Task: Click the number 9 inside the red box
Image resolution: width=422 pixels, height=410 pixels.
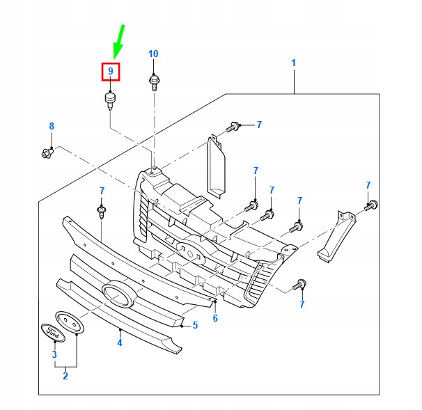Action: (x=110, y=71)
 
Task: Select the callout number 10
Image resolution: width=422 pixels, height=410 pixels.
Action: (x=153, y=54)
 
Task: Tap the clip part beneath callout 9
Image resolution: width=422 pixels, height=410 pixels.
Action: (x=110, y=100)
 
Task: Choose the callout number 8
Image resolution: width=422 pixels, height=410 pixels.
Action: (x=51, y=126)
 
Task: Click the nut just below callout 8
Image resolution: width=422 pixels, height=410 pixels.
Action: (x=47, y=151)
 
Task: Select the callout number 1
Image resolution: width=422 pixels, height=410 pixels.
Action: (x=294, y=63)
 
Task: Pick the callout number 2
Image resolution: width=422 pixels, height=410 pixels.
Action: (x=65, y=377)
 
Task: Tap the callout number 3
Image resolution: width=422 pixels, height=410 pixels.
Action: (x=54, y=355)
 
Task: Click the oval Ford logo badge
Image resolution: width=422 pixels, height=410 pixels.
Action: (x=53, y=333)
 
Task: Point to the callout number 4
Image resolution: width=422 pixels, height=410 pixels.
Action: (x=119, y=342)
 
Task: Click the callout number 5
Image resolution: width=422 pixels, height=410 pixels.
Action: (x=196, y=324)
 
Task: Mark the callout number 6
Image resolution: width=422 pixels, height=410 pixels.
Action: (x=215, y=318)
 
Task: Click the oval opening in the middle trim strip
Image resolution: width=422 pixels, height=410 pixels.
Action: (x=118, y=294)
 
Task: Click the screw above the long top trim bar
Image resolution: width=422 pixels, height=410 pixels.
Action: (x=102, y=211)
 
